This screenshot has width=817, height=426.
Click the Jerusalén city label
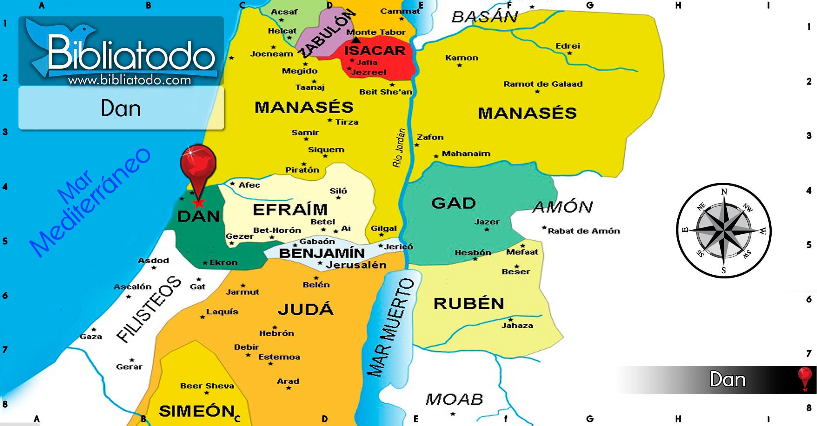coord(356,265)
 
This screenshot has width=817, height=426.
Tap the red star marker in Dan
coord(199,203)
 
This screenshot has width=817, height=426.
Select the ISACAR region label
coord(375,51)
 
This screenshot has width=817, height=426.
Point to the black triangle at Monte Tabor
coord(356,40)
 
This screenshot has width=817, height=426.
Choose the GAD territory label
coord(453,203)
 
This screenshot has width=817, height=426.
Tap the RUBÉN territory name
coord(469,303)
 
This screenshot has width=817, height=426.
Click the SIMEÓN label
coord(196,411)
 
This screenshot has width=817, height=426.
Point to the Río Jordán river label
coord(399,148)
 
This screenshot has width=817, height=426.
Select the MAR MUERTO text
coord(391,327)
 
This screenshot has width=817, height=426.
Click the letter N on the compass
coord(724,192)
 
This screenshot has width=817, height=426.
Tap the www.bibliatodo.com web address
coord(129,80)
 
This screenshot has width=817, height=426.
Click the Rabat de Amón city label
coord(583,231)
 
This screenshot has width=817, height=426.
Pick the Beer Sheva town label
coord(207,386)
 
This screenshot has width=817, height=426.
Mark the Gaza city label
coord(91,337)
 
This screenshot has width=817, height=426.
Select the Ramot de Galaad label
coord(542,84)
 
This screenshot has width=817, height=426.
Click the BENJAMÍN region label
coord(321,253)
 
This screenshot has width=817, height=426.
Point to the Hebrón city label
coord(277,333)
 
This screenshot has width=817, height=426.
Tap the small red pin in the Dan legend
coord(804,379)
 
